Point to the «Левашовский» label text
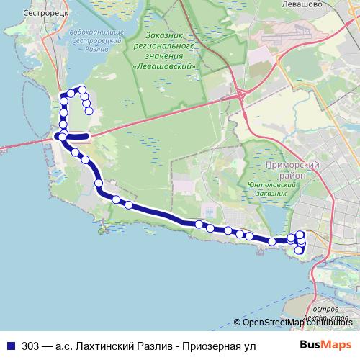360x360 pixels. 166,65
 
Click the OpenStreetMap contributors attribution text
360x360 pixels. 296,323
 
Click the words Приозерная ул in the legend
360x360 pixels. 220,346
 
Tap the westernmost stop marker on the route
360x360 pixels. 61,137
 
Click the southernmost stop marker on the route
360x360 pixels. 299,251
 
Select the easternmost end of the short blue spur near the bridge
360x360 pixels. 88,136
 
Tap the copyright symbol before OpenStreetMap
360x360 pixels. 238,323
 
